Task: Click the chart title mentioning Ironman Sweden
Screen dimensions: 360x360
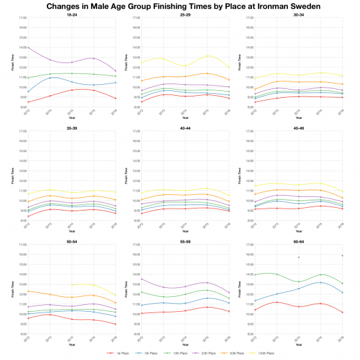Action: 180,6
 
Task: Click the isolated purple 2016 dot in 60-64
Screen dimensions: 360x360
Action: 342,255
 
